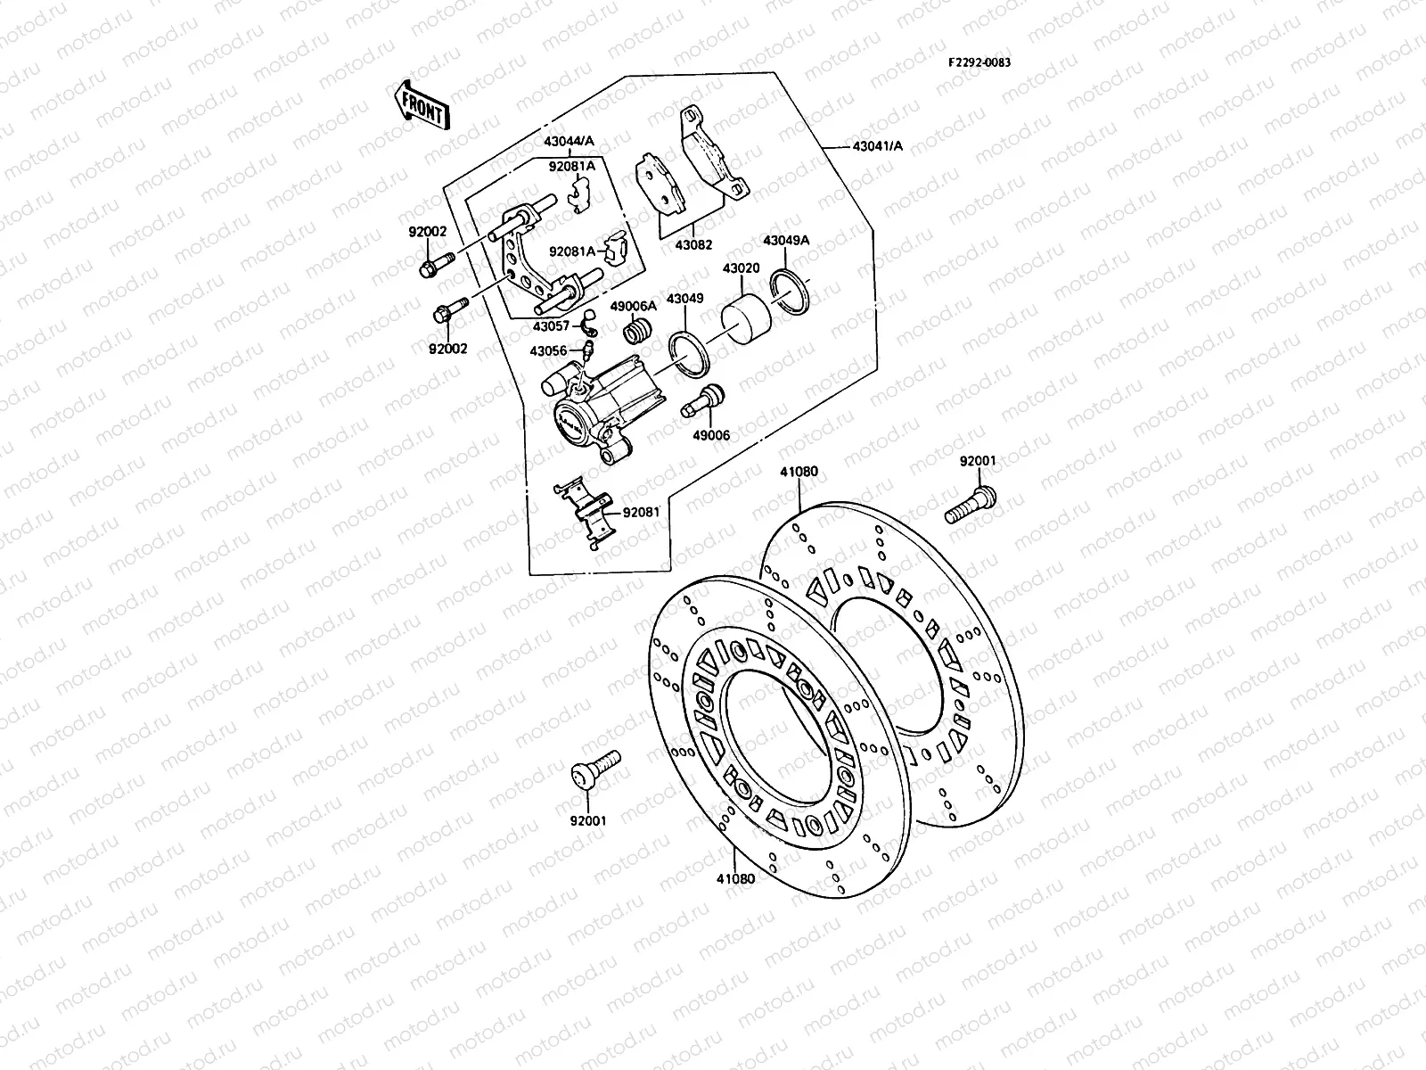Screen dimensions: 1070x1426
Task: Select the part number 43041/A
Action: coord(877,145)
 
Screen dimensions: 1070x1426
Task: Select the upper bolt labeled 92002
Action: coord(434,262)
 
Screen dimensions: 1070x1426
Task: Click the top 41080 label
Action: coord(799,472)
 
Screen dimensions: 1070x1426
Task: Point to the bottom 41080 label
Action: coord(734,878)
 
